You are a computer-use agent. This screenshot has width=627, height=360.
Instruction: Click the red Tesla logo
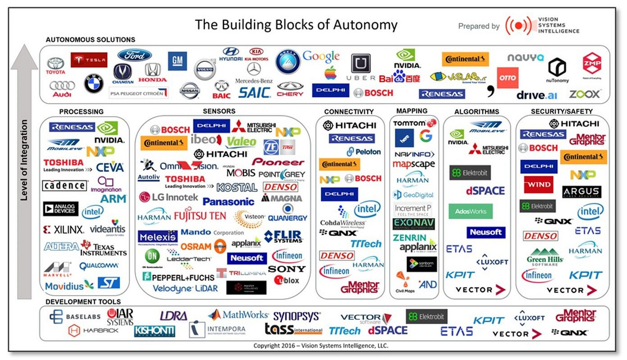tap(89, 60)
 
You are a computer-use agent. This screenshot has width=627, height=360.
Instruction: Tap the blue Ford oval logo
tap(134, 55)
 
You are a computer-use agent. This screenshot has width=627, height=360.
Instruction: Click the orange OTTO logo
tap(507, 78)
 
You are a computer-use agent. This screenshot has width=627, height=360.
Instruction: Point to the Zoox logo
tap(585, 94)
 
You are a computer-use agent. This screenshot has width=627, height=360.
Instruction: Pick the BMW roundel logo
tap(93, 84)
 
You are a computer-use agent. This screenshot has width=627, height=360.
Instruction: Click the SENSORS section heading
tap(219, 111)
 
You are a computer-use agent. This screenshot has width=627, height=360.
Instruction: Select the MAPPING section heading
tap(412, 111)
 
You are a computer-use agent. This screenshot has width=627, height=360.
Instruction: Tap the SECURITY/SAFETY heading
tap(562, 111)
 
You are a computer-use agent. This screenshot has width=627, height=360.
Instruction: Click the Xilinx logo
tap(64, 230)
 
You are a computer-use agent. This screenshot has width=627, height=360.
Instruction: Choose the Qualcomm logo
tap(99, 266)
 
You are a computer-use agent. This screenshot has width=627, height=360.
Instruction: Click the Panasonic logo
tap(228, 202)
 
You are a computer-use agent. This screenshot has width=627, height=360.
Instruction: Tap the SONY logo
tap(286, 269)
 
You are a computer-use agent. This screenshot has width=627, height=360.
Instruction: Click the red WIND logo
tap(538, 185)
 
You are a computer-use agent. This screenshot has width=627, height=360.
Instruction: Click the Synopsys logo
tap(297, 317)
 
